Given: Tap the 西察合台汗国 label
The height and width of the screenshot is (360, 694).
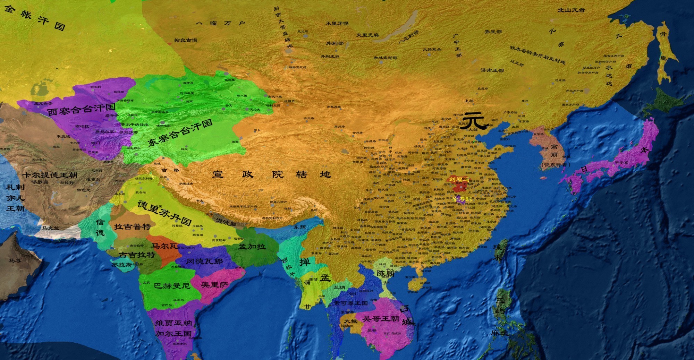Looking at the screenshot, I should coord(81,110).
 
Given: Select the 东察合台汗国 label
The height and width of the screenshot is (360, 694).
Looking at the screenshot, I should coord(180,132).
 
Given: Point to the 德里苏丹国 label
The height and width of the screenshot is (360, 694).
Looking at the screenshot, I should coord(164,213).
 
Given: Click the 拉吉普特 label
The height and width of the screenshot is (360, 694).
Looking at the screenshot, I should coord(132,227).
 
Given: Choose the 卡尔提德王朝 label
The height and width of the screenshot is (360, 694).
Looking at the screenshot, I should coord(50,175).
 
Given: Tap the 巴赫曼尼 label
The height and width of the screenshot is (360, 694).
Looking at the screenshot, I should coord(172,286).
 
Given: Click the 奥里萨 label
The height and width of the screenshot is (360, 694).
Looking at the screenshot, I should coord(214,285).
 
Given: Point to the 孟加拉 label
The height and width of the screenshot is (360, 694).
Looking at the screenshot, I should coord(252,247).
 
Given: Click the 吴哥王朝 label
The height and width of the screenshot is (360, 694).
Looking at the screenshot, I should coord(380,319).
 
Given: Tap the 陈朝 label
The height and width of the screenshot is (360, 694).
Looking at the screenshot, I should coord(385,274).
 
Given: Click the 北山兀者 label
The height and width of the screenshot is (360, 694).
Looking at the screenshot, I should coord(571,10).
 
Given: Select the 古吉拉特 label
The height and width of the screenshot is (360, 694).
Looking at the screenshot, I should coord(137,255).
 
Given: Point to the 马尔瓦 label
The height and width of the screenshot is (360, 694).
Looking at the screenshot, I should coord(164,246).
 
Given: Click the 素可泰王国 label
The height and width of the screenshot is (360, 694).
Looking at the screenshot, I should coord(350,303).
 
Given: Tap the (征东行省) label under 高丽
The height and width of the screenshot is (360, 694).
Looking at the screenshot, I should coord(555,165).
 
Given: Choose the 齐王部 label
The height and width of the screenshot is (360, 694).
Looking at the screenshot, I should coord(493,32).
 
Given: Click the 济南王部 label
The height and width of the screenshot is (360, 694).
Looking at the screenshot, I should coord(492,70).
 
